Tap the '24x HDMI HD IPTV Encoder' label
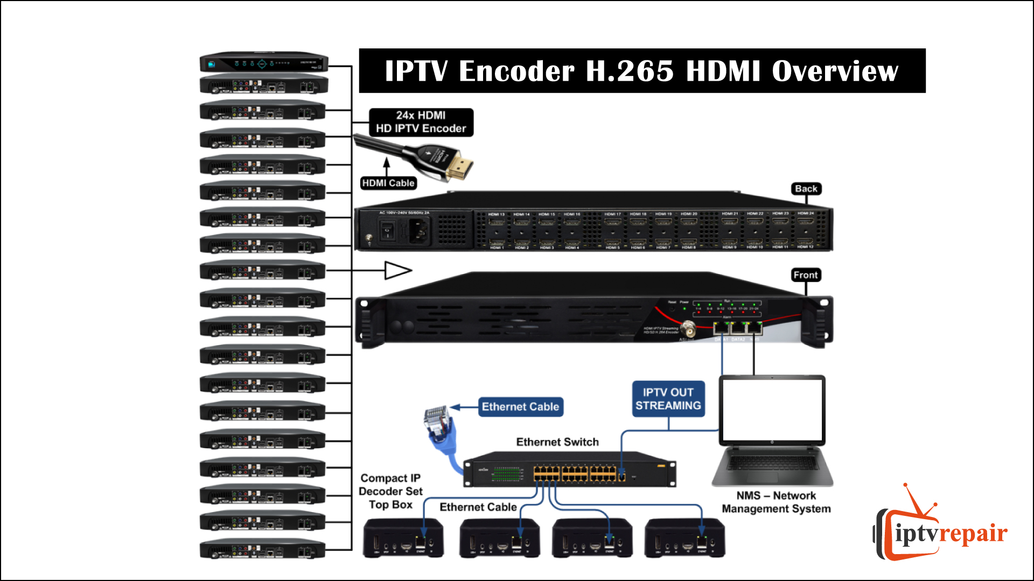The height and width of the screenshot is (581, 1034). point(421,122)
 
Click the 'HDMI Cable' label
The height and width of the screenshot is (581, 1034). point(388,183)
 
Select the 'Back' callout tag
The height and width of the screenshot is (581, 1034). point(806,189)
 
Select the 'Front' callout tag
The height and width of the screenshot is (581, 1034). point(805,275)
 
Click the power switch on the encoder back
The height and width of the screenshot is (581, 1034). point(387,231)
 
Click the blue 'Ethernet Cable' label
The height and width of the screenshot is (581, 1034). point(520,407)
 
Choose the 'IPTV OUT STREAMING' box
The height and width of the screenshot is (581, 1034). point(668,399)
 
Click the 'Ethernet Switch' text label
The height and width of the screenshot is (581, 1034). point(557,442)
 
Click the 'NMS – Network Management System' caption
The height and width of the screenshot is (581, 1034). point(776,502)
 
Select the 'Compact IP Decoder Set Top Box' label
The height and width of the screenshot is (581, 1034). point(390,491)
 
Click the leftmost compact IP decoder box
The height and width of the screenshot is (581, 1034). point(403,538)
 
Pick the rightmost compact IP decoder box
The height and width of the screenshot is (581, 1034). point(684,538)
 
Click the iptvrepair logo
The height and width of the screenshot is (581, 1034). point(940,530)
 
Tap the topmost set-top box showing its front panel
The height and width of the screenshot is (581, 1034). point(264,63)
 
